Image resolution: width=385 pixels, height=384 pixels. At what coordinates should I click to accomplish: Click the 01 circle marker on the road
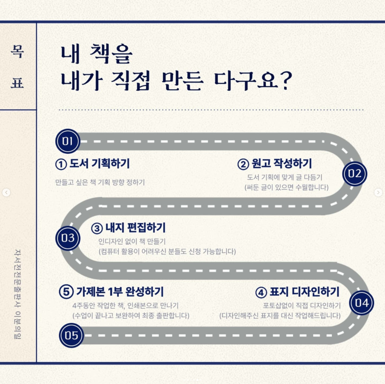coord(68,142)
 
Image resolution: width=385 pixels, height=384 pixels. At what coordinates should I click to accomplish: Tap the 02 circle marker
coord(355,174)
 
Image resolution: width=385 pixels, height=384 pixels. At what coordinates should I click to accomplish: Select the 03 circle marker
coord(68,238)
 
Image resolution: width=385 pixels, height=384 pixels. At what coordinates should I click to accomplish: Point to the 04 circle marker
coord(361,303)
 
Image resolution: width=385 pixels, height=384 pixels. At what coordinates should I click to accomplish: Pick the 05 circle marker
coord(71,335)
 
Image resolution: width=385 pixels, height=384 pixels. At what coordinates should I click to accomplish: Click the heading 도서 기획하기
coord(99,164)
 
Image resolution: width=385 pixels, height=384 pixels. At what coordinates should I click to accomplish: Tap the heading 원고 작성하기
coord(281,164)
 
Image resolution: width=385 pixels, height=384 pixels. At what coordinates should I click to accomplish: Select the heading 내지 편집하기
coord(135,228)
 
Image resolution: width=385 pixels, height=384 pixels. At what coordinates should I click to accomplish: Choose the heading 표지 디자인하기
coord(304,292)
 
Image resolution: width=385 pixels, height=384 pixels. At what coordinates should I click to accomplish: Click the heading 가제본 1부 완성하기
coord(120,292)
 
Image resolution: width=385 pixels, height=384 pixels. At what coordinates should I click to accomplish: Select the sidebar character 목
coord(17,51)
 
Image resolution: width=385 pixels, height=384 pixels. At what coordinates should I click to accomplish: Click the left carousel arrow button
coord(6,192)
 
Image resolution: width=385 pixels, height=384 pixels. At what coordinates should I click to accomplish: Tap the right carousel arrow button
coord(378,192)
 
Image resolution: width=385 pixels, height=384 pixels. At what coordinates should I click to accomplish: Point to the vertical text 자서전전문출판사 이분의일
coord(17,294)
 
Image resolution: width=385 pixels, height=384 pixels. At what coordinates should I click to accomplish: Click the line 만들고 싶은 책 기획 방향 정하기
coord(100,182)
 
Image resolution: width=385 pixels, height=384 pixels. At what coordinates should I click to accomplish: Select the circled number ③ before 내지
coord(97,228)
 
